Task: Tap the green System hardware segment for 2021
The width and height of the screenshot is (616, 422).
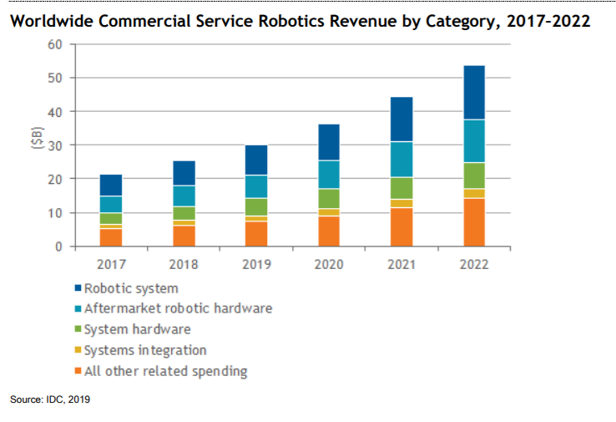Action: pos(401,188)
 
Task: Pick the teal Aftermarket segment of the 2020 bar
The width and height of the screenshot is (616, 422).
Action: pos(329,174)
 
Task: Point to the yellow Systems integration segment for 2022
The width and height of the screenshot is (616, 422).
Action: pos(474,194)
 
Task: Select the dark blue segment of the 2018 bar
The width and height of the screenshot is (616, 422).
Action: pos(184,173)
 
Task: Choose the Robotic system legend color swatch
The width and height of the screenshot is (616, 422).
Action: pos(78,289)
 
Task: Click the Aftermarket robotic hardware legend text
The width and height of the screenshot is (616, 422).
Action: pos(179,309)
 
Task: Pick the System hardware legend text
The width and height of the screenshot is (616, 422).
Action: pos(138,329)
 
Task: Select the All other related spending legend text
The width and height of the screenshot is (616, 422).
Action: pos(166,371)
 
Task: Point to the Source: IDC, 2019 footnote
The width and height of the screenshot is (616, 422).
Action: pos(50,400)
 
